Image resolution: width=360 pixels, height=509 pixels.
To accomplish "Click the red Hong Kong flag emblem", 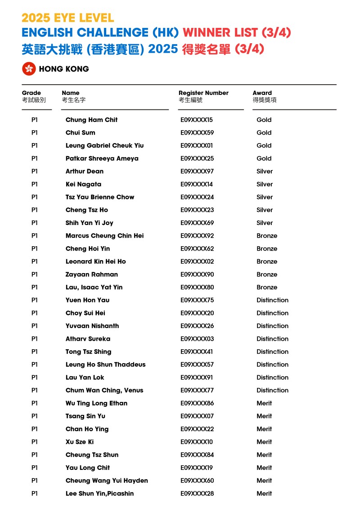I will pyautogui.click(x=29, y=69).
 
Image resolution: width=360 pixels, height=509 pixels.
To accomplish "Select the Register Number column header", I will pyautogui.click(x=203, y=93).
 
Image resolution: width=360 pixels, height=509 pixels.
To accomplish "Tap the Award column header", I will pyautogui.click(x=262, y=93).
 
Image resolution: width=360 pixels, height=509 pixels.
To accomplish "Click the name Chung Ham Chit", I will pyautogui.click(x=91, y=120).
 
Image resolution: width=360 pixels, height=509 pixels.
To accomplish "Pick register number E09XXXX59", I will pyautogui.click(x=197, y=133).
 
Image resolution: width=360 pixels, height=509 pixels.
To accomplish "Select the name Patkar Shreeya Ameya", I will pyautogui.click(x=102, y=158).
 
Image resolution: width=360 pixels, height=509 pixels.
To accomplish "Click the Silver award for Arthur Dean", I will pyautogui.click(x=265, y=171).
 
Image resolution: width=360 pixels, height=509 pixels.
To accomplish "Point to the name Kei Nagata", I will pyautogui.click(x=83, y=184).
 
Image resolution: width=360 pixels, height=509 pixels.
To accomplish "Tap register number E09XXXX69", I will pyautogui.click(x=197, y=223).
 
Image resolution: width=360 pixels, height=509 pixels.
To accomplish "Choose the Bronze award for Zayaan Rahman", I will pyautogui.click(x=267, y=275).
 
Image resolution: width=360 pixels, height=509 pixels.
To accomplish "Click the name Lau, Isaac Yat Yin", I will pyautogui.click(x=94, y=287).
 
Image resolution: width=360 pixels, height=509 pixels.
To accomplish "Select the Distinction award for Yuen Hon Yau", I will pyautogui.click(x=272, y=300).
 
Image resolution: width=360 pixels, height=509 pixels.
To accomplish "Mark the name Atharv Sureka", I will pyautogui.click(x=88, y=339).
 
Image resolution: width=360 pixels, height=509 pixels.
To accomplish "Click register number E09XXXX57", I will pyautogui.click(x=197, y=365).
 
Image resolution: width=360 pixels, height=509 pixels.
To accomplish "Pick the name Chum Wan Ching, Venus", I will pyautogui.click(x=104, y=390).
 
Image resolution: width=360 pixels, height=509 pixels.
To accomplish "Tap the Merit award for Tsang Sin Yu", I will pyautogui.click(x=264, y=416).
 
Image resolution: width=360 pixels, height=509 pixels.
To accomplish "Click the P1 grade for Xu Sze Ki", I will pyautogui.click(x=35, y=442).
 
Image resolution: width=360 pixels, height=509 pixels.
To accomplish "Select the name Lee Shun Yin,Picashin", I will pyautogui.click(x=99, y=494).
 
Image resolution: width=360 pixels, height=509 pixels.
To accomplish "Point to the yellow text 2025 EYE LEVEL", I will pyautogui.click(x=67, y=18).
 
